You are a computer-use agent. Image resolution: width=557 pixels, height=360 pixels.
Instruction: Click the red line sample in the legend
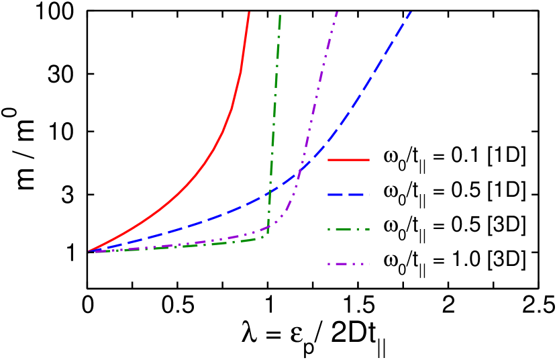pyautogui.click(x=348, y=160)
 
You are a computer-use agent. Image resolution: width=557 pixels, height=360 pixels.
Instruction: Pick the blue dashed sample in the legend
pyautogui.click(x=348, y=195)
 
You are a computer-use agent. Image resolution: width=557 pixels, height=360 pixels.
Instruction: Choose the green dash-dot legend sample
pyautogui.click(x=348, y=230)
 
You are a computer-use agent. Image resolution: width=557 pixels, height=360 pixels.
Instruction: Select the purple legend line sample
pyautogui.click(x=348, y=265)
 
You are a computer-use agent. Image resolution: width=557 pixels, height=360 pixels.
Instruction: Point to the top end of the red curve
pyautogui.click(x=249, y=12)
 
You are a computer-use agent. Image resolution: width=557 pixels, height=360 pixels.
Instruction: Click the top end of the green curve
pyautogui.click(x=280, y=15)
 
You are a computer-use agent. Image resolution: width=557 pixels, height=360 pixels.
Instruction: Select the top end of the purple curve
pyautogui.click(x=336, y=12)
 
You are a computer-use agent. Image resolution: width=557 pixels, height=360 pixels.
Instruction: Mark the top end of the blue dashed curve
pyautogui.click(x=409, y=12)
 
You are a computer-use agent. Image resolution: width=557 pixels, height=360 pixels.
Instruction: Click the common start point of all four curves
pyautogui.click(x=89, y=252)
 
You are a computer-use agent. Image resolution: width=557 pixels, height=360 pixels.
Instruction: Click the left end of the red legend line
pyautogui.click(x=328, y=160)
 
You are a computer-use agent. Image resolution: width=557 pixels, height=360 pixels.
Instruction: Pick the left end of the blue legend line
pyautogui.click(x=328, y=195)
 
